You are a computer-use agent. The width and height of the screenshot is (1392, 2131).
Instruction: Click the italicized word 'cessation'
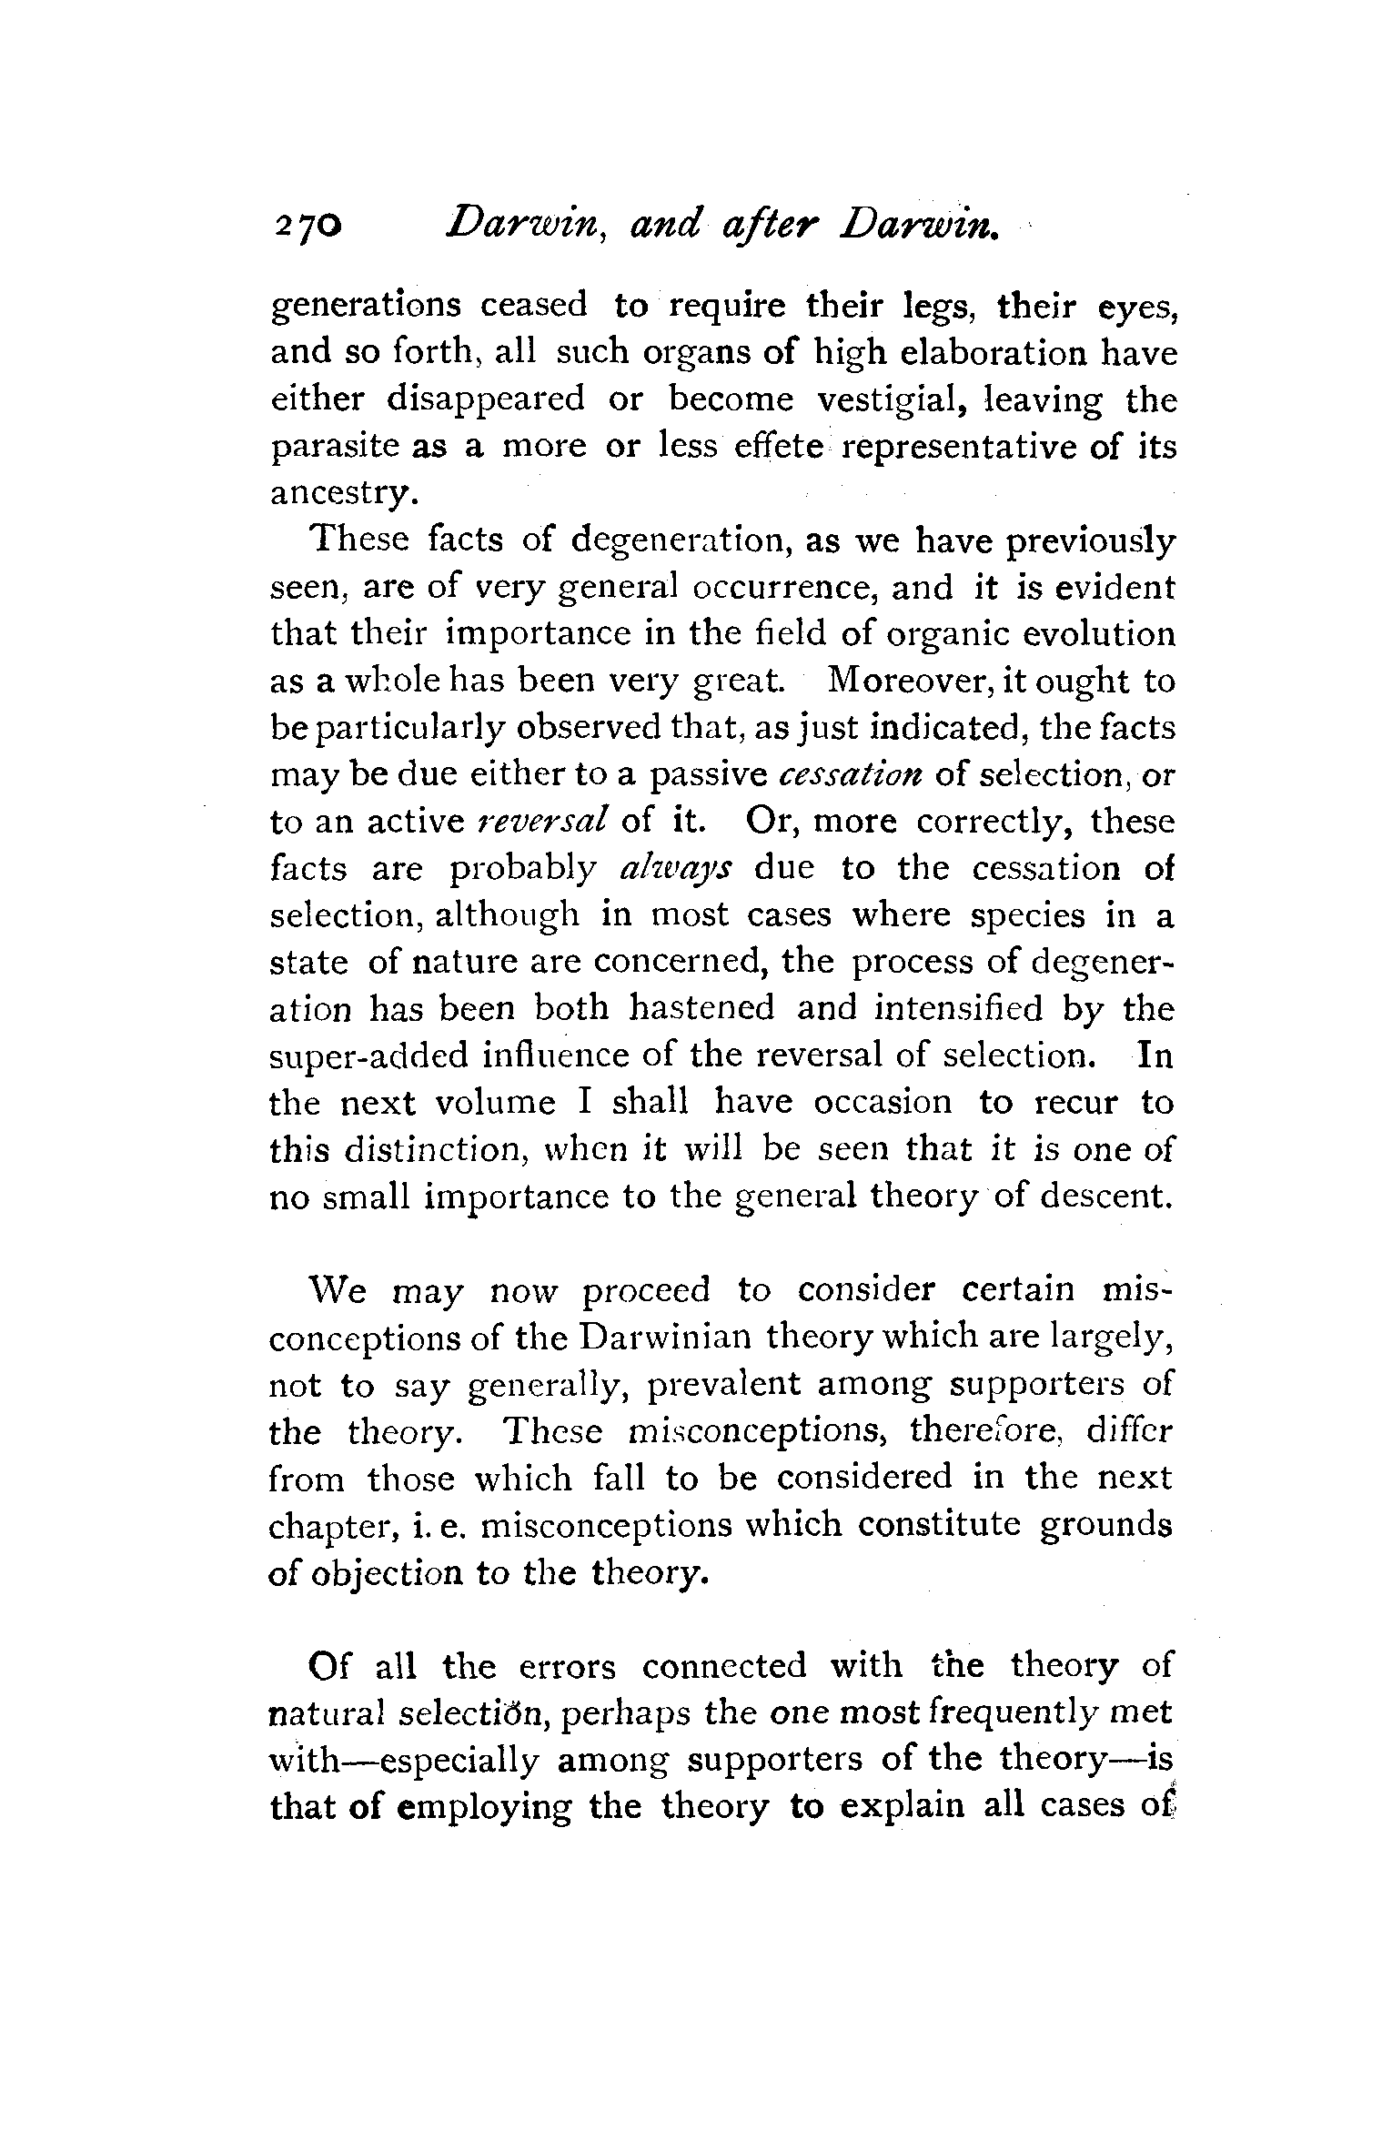coord(852,775)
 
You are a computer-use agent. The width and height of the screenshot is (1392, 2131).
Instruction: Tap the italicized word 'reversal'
coord(541,822)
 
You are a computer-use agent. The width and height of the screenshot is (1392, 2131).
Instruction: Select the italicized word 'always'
coord(672,870)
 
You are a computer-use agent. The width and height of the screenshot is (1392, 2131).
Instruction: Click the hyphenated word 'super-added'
coord(368,1057)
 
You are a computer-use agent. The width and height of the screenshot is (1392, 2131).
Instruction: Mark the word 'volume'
coord(495,1103)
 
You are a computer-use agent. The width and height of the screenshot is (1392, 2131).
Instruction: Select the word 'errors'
coord(567,1667)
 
